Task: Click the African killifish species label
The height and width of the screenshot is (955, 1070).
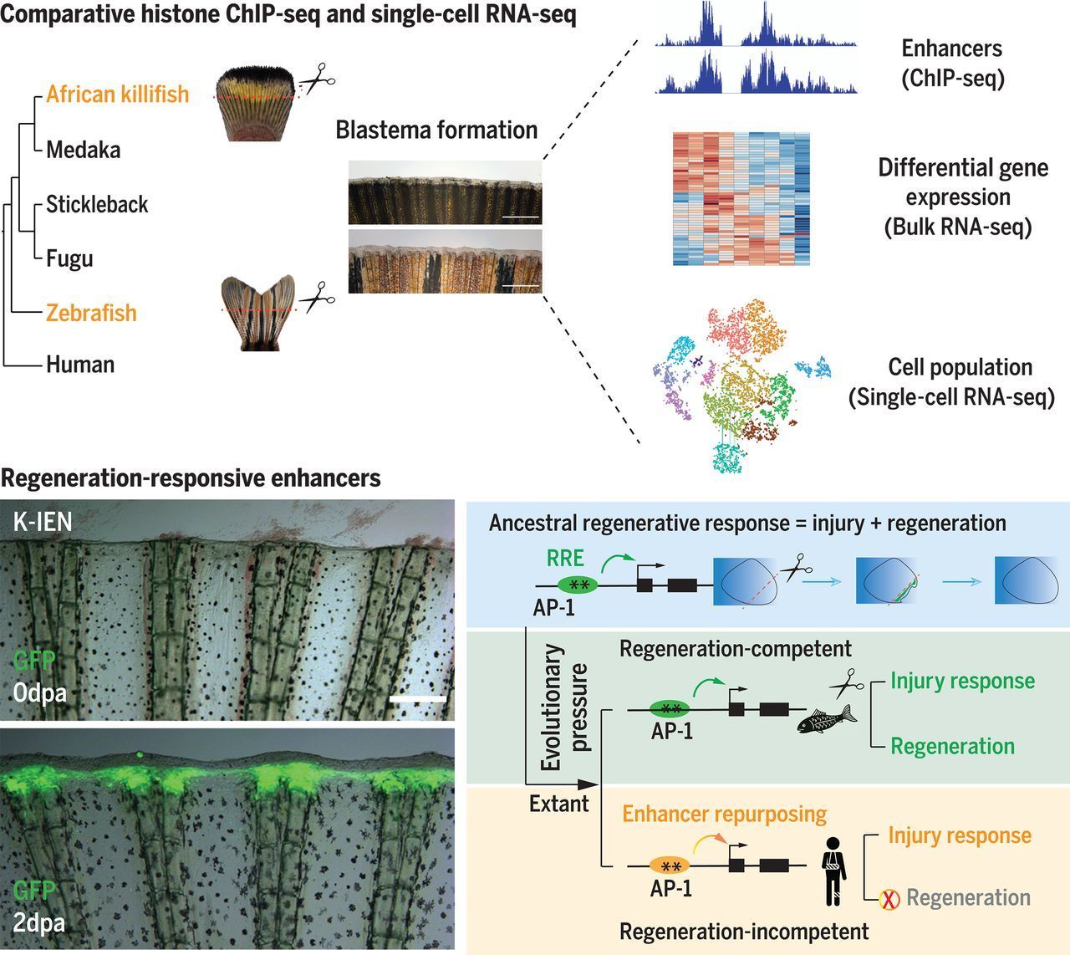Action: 118,94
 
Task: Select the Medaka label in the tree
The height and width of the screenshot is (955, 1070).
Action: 84,150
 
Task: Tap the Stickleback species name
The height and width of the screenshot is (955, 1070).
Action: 97,204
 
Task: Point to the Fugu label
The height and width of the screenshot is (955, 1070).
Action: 69,258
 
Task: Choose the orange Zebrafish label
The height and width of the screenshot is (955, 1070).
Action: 91,313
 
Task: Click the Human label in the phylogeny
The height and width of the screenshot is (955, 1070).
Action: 80,365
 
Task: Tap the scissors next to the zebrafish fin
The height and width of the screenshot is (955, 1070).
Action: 317,298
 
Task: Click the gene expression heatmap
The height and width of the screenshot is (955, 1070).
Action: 741,199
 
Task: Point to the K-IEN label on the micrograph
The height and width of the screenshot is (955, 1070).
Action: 43,523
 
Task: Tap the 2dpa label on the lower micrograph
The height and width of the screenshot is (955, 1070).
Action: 40,922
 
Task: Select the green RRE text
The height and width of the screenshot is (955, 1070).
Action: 566,558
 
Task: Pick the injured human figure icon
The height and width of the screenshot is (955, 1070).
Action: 833,869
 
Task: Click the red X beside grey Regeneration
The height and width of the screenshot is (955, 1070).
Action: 889,900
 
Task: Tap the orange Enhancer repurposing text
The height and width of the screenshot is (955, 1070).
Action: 725,814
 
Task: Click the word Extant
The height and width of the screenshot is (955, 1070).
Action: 559,804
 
